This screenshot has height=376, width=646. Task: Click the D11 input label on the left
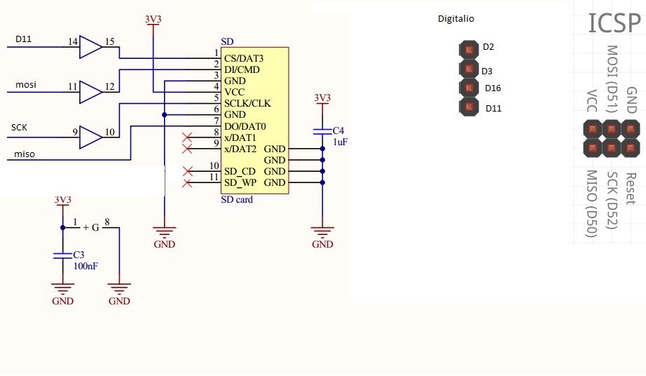point(23,39)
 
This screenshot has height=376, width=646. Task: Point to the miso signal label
point(25,154)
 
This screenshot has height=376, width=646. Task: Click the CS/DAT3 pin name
point(243,58)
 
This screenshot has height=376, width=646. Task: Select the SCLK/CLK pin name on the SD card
point(247,103)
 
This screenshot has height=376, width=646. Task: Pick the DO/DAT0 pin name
point(245,126)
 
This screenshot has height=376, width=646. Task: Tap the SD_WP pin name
point(240,183)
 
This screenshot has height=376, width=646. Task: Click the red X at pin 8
point(187,137)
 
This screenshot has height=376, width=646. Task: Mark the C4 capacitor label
point(338,131)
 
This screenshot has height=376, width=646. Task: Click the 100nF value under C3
point(85,266)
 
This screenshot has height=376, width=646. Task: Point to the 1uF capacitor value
point(340,142)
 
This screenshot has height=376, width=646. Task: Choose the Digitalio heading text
point(455,19)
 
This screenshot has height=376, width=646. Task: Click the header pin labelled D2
point(467,49)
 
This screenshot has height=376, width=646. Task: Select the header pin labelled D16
point(467,88)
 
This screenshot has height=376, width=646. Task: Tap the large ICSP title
point(614,23)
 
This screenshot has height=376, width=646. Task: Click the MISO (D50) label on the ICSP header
point(591,204)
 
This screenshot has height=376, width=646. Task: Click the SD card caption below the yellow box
point(237,200)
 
